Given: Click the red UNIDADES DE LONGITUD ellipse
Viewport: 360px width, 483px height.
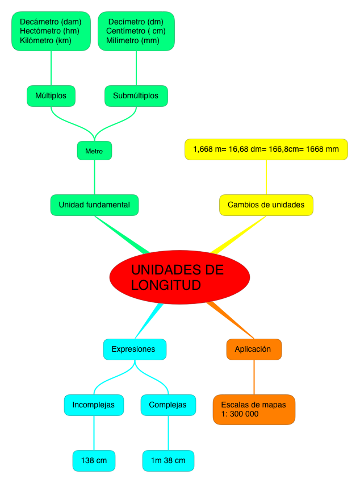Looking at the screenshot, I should (179, 277).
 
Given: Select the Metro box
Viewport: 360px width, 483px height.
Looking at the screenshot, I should (94, 151).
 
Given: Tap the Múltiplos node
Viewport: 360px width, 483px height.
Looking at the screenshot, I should (51, 95).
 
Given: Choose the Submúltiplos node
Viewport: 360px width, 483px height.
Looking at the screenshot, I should (136, 95).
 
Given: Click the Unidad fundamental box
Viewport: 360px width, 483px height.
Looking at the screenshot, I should (94, 205).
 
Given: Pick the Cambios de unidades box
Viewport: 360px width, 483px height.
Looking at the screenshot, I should (266, 205).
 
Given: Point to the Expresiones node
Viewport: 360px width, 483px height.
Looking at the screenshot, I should (134, 349).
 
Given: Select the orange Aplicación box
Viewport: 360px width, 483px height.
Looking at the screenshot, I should (253, 349).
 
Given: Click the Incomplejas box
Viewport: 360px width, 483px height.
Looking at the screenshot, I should (94, 405).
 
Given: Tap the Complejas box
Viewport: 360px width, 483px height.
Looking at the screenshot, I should (168, 405).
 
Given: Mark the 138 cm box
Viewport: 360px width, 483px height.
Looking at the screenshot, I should (94, 460).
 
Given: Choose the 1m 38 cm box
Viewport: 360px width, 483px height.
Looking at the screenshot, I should (168, 460).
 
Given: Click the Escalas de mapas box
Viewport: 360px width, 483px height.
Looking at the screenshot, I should (254, 410).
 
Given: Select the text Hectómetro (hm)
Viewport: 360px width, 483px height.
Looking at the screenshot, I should (49, 31).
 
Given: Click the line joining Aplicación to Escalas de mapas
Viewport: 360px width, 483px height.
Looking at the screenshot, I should (254, 377).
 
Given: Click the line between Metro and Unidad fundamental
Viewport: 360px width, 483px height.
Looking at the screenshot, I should (94, 177).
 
